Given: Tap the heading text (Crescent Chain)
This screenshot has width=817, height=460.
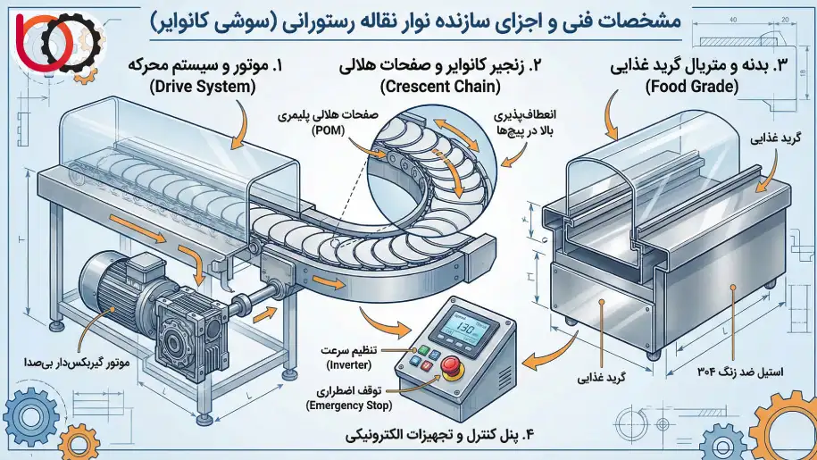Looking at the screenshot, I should pyautogui.click(x=429, y=87).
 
